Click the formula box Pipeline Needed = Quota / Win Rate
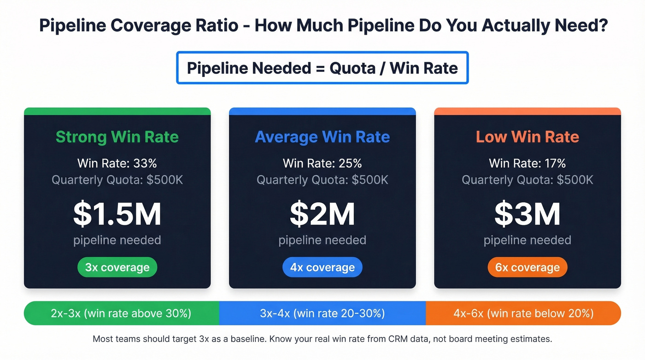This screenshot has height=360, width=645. click(322, 68)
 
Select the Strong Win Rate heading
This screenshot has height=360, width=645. click(117, 137)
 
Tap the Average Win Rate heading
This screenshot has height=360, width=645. click(322, 137)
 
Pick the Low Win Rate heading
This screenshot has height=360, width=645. click(527, 137)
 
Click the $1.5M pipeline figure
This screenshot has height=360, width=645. click(117, 214)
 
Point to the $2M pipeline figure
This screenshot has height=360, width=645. click(322, 214)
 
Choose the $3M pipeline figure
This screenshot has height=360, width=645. click(527, 214)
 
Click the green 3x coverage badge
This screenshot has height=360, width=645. click(117, 267)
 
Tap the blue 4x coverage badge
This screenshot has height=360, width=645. click(322, 267)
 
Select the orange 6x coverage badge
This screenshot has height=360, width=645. click(527, 267)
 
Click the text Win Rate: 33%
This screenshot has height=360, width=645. click(117, 163)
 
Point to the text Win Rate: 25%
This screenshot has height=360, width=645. click(322, 163)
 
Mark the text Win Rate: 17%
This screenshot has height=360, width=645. click(527, 163)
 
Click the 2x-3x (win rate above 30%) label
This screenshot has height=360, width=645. click(121, 313)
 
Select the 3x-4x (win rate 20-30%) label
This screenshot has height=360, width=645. click(322, 313)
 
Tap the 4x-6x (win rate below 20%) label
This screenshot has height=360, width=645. click(523, 313)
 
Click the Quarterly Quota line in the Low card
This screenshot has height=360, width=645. click(527, 180)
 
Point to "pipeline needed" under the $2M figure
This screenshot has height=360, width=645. click(322, 240)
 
